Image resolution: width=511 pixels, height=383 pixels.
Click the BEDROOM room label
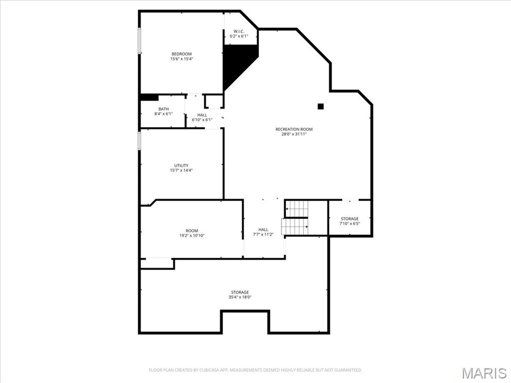[x=181, y=54]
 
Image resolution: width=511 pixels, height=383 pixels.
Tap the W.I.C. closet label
[x=239, y=31]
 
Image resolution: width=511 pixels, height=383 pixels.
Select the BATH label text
[x=164, y=109]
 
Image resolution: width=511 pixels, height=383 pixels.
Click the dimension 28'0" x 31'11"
[x=294, y=135]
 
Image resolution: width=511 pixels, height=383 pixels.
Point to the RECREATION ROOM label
[x=294, y=129]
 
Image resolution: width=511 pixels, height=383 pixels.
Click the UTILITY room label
[x=181, y=165]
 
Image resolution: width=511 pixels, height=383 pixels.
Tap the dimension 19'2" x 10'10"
[x=192, y=236]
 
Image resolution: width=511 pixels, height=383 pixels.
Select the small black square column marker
[x=321, y=106]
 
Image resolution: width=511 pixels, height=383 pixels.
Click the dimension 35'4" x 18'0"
[x=240, y=297]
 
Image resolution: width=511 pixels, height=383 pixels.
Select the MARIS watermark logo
[x=484, y=373]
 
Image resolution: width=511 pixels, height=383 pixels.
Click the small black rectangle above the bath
[x=150, y=97]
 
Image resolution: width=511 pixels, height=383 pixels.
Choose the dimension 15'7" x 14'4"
[x=181, y=171]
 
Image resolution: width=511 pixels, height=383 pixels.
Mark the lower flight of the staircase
[x=294, y=227]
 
